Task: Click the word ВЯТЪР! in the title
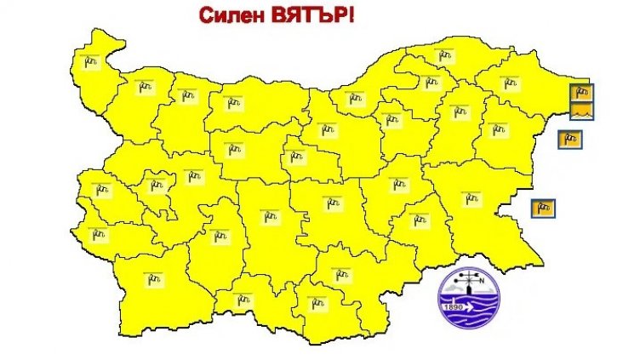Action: pos(310,16)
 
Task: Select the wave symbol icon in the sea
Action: pos(583,111)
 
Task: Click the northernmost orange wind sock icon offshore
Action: pos(583,93)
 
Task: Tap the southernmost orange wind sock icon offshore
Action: pos(542,209)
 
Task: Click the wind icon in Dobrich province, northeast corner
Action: pos(510,82)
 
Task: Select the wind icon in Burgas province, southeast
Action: pos(467,200)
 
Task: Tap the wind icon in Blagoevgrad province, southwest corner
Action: pos(154,276)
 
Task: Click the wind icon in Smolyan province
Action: pos(243,299)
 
